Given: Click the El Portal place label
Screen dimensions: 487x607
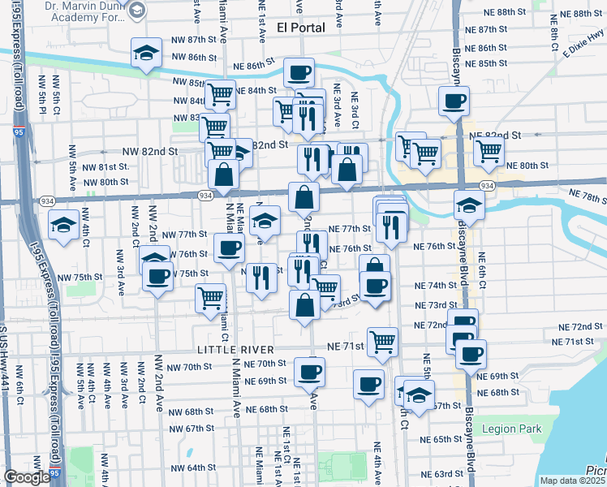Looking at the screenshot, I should click(x=300, y=27).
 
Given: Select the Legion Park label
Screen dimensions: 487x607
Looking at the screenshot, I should click(x=510, y=429).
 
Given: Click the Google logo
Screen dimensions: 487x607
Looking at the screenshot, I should click(x=27, y=478).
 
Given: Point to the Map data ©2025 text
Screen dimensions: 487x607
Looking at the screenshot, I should click(x=572, y=481).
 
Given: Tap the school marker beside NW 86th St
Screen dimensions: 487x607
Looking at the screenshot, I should click(x=146, y=54).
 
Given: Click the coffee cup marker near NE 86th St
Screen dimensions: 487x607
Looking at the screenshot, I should click(x=299, y=73).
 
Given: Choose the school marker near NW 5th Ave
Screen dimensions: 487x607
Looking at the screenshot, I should click(x=63, y=224).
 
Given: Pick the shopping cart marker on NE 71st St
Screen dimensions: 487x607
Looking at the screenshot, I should click(x=382, y=342).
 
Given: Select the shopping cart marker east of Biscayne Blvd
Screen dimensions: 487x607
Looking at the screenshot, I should click(x=489, y=150).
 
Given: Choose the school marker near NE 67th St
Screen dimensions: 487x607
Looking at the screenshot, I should click(x=419, y=394).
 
